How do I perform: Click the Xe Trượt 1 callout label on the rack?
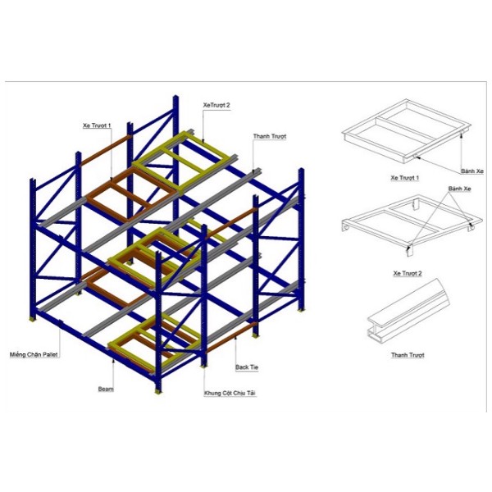point(97,125)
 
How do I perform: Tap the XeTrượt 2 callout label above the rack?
point(216,105)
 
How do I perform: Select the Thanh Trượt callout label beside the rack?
point(270,136)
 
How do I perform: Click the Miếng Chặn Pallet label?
point(34,354)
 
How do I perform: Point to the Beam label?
point(106,389)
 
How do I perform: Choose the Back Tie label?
point(247,367)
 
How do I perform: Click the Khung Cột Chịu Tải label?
point(230,393)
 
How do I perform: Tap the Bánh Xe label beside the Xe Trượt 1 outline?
point(472,171)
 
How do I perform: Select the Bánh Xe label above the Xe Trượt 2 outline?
point(460,189)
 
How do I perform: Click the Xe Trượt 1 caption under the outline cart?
point(405,178)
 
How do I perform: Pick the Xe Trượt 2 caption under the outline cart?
point(408,273)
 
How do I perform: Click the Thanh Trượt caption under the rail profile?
point(408,355)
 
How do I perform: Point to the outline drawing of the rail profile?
point(408,311)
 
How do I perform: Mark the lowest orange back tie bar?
point(231,338)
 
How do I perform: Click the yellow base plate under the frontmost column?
point(158,391)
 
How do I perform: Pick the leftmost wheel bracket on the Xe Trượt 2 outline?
point(345,227)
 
